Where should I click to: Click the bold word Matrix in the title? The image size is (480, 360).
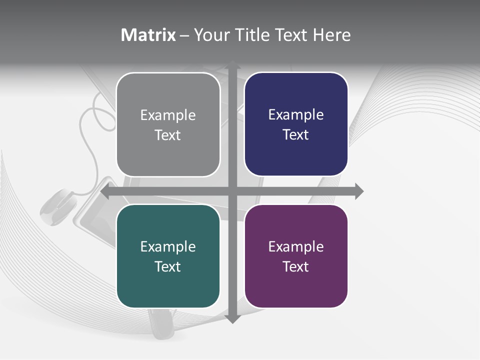coord(148,35)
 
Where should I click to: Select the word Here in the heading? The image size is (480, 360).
coord(331,35)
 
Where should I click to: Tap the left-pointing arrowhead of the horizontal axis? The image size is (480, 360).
coord(105,191)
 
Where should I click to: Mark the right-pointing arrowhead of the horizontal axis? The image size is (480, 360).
coord(358,191)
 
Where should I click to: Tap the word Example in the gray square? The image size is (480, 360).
coord(168,115)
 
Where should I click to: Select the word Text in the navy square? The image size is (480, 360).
coord(296,134)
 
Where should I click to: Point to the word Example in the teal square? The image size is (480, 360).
coord(168,247)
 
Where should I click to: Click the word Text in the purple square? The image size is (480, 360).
coord(296,266)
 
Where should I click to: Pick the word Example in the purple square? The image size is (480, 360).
coord(296,247)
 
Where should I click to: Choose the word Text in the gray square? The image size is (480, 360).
coord(168,135)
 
